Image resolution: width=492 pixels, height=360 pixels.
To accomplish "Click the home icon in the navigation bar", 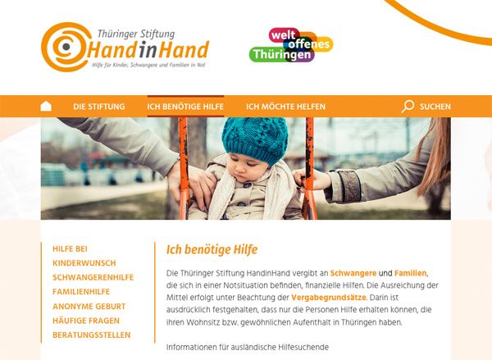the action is (x=46, y=106).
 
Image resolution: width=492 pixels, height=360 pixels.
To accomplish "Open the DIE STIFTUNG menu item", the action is (x=99, y=107).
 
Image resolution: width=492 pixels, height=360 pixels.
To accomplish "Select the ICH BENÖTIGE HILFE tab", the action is (x=185, y=107).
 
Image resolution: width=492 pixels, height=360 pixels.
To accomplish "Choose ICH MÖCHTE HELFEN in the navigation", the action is (x=285, y=107).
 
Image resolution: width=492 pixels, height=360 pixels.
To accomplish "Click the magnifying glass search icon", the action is (x=408, y=106).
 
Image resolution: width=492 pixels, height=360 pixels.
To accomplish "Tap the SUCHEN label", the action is (x=435, y=107).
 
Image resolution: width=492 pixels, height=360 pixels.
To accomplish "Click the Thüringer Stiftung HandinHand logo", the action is (x=125, y=47).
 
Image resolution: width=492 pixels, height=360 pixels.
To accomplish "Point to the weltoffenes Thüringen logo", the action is (x=291, y=45).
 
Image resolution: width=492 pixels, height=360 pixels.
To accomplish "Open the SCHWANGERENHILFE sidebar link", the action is (x=93, y=277).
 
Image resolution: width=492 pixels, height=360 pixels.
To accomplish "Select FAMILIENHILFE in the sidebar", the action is (x=81, y=292).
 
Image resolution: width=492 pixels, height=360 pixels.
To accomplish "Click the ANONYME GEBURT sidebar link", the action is (x=89, y=307).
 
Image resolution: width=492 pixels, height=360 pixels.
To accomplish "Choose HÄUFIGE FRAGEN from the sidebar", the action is (x=86, y=321).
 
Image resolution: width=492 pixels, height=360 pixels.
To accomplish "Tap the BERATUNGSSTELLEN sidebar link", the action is (x=91, y=335).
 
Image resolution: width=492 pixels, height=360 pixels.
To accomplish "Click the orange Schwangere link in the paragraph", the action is (x=353, y=273).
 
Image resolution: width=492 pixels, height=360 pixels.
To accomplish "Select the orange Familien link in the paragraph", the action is (x=411, y=273).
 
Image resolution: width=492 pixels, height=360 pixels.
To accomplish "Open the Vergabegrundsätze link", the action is (x=329, y=298).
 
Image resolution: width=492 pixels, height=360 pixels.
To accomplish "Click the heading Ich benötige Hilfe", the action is (x=212, y=250).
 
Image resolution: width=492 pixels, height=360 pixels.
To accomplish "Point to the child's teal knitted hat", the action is (x=255, y=140).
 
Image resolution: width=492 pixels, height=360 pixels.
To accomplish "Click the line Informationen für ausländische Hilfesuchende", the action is (x=248, y=348).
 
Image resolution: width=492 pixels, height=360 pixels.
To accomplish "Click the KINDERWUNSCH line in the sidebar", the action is (x=84, y=263).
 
